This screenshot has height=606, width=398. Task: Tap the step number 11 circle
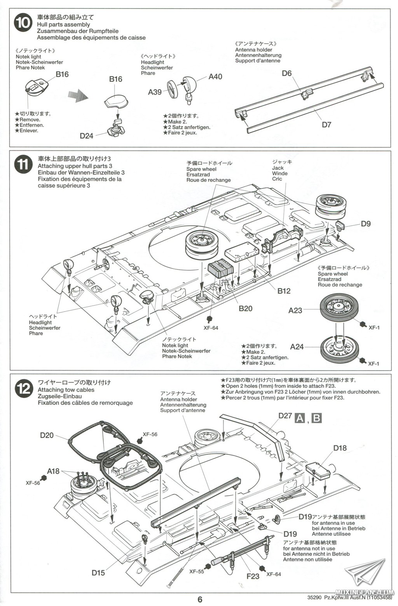pos(23,165)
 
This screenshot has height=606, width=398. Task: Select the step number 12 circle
pos(23,389)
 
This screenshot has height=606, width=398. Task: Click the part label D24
pos(87,136)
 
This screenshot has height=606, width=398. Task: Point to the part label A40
pos(215,77)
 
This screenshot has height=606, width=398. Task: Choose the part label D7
pos(326,125)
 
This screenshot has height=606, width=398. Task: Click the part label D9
pos(366,223)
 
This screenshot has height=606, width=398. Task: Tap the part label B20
pos(246,308)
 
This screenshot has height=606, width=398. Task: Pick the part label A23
pos(295,310)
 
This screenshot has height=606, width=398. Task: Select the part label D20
pos(47,435)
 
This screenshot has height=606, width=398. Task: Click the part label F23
pos(253,576)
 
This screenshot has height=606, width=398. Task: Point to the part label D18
pos(340,448)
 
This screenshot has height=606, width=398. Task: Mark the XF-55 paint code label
pos(197,571)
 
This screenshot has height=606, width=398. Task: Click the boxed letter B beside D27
pos(317,418)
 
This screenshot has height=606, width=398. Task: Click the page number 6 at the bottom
pos(200,599)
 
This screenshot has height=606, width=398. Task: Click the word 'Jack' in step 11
pos(278,168)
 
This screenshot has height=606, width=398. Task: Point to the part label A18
pos(53,471)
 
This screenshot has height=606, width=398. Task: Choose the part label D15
pos(98,573)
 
